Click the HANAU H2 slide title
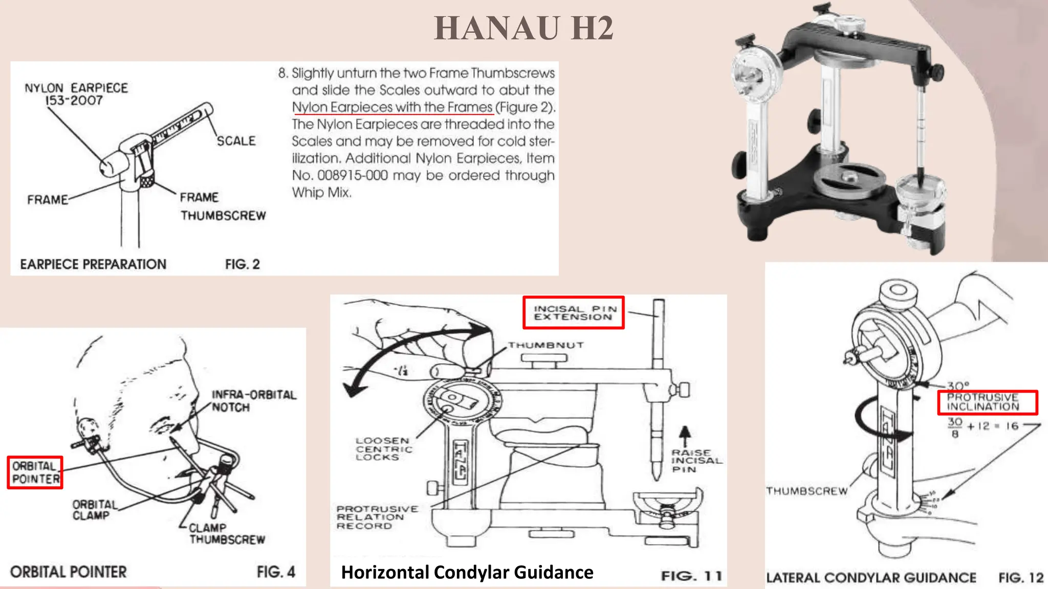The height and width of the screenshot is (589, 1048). [523, 28]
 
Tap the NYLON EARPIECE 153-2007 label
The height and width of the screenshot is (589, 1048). [76, 94]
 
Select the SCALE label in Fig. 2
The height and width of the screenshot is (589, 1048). [236, 141]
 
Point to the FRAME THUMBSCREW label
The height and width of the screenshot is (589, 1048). [223, 207]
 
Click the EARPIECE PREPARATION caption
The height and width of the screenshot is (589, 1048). [93, 264]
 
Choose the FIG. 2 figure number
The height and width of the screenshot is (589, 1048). [243, 264]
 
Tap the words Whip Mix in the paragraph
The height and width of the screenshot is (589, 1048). [321, 193]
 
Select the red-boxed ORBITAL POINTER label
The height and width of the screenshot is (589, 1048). [35, 472]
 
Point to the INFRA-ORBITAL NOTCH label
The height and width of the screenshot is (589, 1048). [254, 401]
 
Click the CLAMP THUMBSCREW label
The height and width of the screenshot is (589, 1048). [227, 533]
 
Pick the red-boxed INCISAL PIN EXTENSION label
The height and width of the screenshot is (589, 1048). [574, 312]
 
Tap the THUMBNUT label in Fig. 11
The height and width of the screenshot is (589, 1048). [545, 345]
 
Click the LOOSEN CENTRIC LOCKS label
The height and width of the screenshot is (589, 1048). [383, 448]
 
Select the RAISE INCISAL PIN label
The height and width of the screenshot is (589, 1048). [696, 461]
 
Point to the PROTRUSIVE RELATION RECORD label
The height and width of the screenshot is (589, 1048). [377, 517]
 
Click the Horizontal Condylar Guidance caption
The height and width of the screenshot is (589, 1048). [467, 572]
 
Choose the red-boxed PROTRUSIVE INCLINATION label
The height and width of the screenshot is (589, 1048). [987, 402]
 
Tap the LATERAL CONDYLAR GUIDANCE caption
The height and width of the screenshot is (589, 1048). [871, 578]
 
